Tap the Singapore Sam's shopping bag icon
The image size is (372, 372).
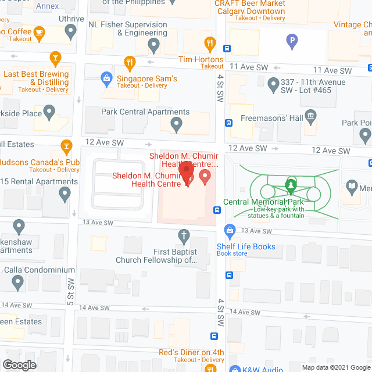tap(106, 77)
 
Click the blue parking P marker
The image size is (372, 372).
tap(292, 41)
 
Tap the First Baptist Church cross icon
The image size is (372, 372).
tap(184, 235)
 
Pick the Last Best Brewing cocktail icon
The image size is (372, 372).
tap(55, 58)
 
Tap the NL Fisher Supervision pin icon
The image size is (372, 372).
tap(153, 45)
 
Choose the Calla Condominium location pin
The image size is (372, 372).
tap(18, 282)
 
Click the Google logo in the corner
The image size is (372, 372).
tap(19, 365)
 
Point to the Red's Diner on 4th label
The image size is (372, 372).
tap(191, 352)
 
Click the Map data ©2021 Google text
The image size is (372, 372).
tap(335, 367)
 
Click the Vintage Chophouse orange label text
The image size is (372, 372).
tap(352, 25)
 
